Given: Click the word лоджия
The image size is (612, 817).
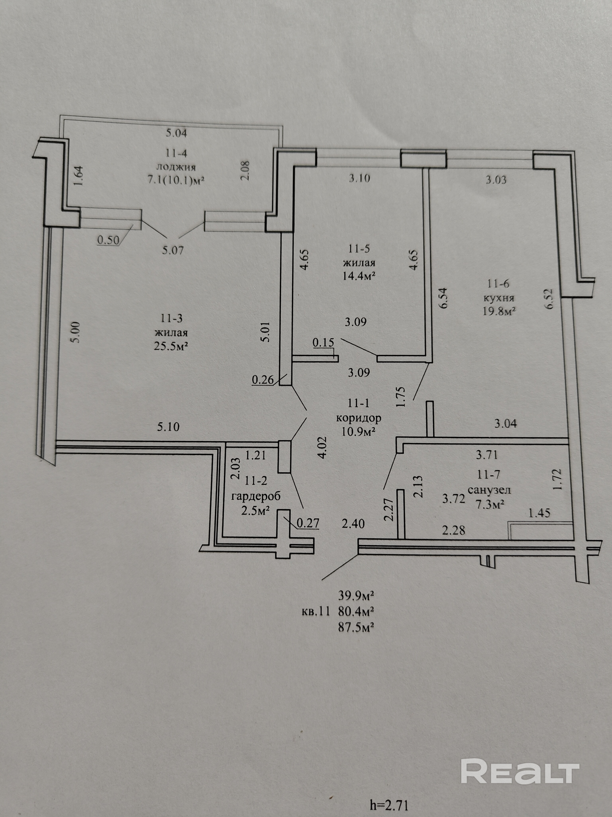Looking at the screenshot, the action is tap(176, 167).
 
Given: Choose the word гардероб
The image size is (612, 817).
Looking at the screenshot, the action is tap(256, 496).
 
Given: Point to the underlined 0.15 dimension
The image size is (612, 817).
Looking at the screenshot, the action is tap(323, 343).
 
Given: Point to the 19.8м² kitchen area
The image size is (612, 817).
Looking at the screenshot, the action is tap(499, 311).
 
